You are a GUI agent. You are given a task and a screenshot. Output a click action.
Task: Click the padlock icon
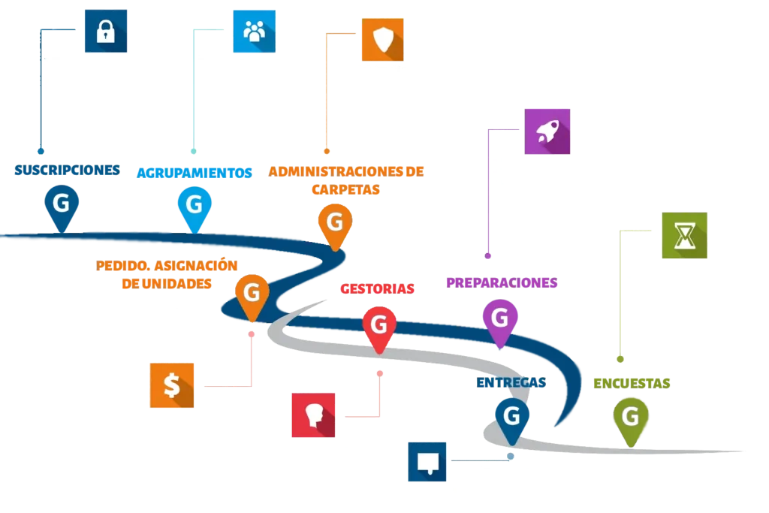click(x=105, y=31)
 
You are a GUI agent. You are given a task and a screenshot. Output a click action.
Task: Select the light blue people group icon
click(x=254, y=31)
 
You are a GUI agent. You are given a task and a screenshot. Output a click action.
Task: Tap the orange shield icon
click(x=382, y=38)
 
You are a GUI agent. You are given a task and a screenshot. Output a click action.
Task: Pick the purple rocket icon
click(x=547, y=131)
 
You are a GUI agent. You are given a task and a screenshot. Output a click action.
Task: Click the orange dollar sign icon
click(x=172, y=385)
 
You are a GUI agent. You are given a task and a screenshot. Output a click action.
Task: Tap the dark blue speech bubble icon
click(x=427, y=462)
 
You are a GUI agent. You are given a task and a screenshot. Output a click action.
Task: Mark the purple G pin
click(x=500, y=319)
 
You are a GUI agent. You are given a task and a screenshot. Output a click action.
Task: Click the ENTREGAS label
click(x=511, y=383)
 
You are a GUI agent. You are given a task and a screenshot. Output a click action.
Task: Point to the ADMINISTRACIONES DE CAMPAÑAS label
click(x=347, y=180)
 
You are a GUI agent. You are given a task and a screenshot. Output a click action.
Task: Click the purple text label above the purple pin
click(x=501, y=282)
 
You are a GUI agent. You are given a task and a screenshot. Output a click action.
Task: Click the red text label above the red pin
click(x=375, y=288)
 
